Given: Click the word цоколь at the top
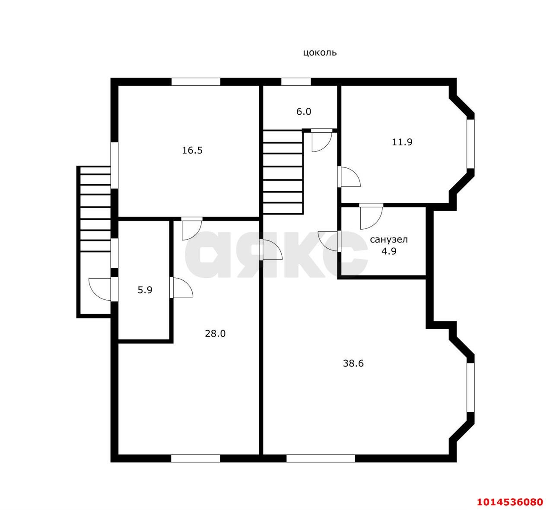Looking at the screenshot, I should click(x=320, y=53).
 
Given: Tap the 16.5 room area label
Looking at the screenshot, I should click(x=192, y=151).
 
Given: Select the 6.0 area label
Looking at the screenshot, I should click(x=304, y=112).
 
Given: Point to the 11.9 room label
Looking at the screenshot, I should click(x=402, y=142).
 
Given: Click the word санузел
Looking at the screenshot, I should click(x=389, y=240).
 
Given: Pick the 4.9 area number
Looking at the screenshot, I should click(x=389, y=251).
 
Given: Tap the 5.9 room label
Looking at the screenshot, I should click(x=145, y=290).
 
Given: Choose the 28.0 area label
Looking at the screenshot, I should click(x=215, y=334).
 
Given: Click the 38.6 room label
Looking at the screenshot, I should click(x=353, y=363).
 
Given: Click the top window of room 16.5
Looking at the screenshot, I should click(x=196, y=82).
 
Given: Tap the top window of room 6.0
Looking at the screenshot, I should click(x=296, y=82).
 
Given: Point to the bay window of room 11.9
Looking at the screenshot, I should click(x=470, y=144).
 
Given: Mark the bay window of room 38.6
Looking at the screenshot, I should click(x=470, y=388).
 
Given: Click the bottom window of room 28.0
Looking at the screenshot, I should click(x=196, y=459).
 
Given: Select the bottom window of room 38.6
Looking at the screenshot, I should click(x=321, y=459).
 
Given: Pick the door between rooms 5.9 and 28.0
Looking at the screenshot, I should click(x=181, y=287).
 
